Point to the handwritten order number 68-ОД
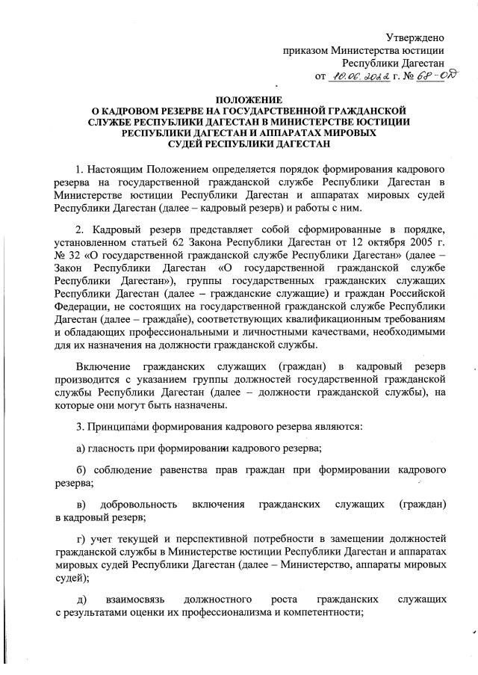point(438,75)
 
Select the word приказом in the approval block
point(305,50)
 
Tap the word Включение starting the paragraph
point(105,369)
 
